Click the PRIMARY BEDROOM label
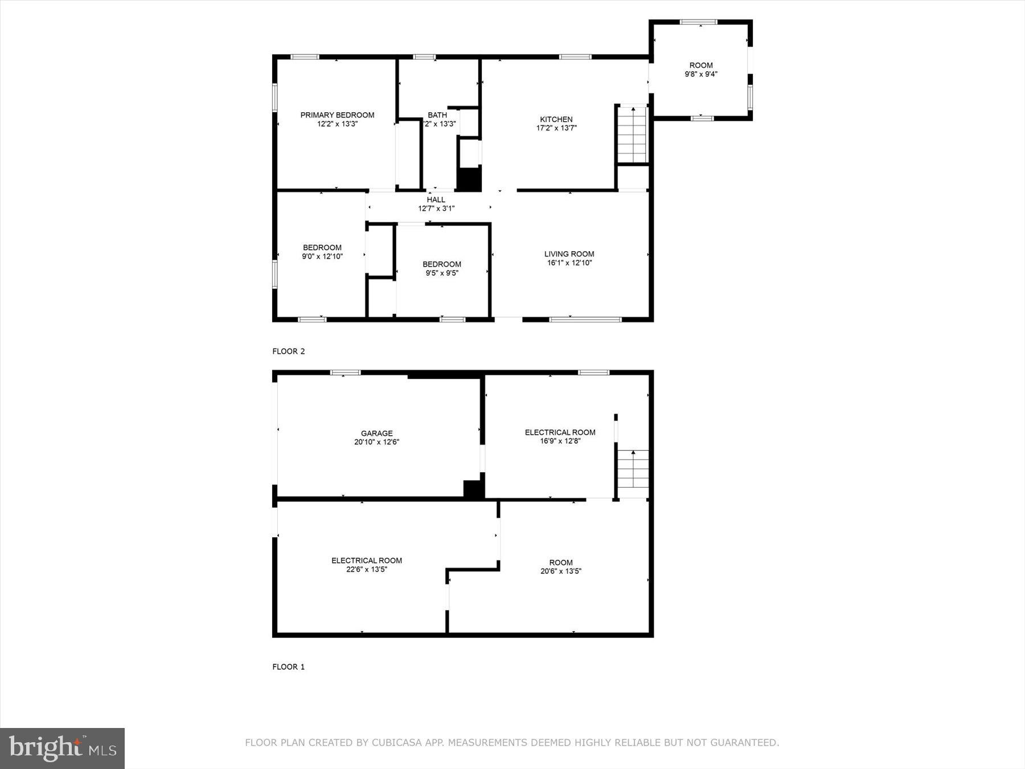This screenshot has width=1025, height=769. [x=337, y=115]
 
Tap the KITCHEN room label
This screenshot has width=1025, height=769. [x=556, y=120]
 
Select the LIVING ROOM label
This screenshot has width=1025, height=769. [x=569, y=254]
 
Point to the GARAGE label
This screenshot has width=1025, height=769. [x=376, y=433]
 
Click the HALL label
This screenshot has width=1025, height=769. [x=436, y=200]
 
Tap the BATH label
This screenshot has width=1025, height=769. [x=437, y=115]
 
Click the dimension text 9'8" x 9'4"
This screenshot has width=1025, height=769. [x=700, y=74]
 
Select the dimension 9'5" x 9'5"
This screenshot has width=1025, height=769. [x=442, y=273]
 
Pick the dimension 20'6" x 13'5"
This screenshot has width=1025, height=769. [x=561, y=571]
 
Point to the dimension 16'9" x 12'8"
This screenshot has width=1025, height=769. [x=560, y=441]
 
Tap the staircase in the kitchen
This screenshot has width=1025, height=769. [x=633, y=134]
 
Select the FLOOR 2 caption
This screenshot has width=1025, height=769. [x=289, y=351]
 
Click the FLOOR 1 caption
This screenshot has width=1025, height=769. [x=289, y=667]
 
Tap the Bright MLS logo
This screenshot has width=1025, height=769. [x=62, y=748]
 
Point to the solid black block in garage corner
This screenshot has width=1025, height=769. [x=473, y=490]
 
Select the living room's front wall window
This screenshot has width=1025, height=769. [x=585, y=320]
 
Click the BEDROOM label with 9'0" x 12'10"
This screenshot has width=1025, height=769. [x=322, y=248]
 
